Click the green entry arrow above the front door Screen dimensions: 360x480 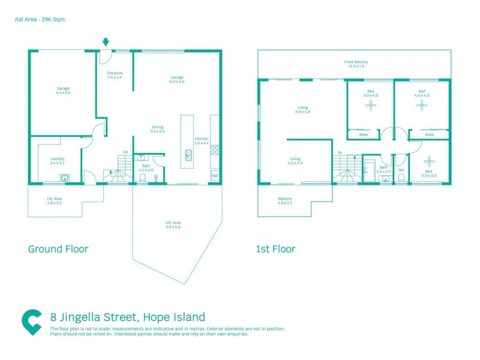106,42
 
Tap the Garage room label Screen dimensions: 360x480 64,89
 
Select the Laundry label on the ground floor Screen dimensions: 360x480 58,159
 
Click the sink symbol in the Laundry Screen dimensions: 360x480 64,177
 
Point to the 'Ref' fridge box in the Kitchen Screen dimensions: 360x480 215,175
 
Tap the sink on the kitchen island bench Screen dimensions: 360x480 188,155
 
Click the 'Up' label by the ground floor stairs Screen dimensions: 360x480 125,152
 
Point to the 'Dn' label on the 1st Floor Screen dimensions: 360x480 340,152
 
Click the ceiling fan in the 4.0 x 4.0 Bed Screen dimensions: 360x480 422,106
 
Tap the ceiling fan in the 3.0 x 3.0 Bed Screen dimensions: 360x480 428,160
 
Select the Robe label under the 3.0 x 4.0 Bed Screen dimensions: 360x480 363,135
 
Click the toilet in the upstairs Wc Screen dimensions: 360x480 400,177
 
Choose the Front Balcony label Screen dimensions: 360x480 356,62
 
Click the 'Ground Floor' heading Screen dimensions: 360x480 58,248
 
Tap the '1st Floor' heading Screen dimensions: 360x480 276,248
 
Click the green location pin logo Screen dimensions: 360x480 31,322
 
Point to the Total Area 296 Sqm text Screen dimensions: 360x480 40,19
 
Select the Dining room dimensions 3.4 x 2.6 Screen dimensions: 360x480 157,131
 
